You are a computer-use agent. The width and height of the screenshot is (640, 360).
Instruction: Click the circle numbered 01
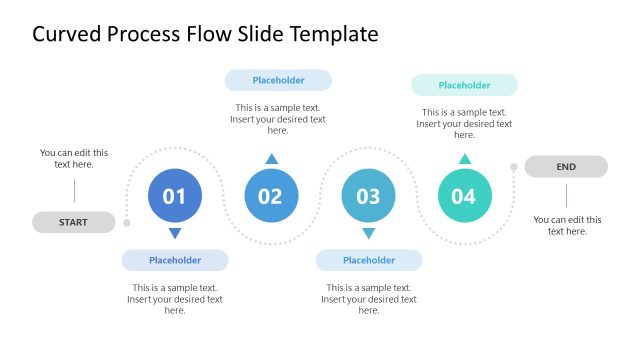click(x=174, y=196)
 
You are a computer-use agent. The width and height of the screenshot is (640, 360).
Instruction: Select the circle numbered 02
click(x=271, y=196)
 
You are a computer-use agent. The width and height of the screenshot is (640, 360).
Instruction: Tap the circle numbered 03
click(x=368, y=196)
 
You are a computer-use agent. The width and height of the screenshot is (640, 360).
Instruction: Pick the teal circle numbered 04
click(x=464, y=196)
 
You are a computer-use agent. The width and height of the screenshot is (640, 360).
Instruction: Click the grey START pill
click(x=73, y=222)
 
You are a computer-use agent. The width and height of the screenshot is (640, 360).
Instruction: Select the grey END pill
click(x=566, y=167)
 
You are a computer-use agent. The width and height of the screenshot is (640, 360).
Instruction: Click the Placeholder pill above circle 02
click(x=278, y=80)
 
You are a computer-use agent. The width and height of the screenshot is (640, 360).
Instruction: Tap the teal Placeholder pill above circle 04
click(x=464, y=85)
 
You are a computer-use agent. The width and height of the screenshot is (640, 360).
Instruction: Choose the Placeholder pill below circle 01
click(x=175, y=260)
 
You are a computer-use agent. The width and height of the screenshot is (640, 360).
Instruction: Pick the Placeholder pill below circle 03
click(x=369, y=260)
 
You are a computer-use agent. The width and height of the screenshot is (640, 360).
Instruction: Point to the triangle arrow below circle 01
click(x=175, y=233)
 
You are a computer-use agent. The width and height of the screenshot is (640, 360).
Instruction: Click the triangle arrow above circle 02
click(x=271, y=158)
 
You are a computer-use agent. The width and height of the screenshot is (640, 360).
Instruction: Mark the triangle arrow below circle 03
click(x=368, y=233)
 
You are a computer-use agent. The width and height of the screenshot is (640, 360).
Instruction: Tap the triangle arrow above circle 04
click(x=464, y=159)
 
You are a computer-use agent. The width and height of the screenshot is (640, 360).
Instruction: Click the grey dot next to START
click(x=127, y=223)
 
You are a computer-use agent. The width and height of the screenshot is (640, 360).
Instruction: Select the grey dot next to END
click(x=513, y=167)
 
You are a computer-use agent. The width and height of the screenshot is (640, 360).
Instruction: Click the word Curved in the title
click(x=69, y=34)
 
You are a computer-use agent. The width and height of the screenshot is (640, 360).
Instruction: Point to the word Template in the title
click(x=334, y=34)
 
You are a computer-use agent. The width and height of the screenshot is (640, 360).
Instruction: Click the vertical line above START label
click(x=74, y=190)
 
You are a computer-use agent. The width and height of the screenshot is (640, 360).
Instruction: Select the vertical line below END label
click(x=566, y=195)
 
